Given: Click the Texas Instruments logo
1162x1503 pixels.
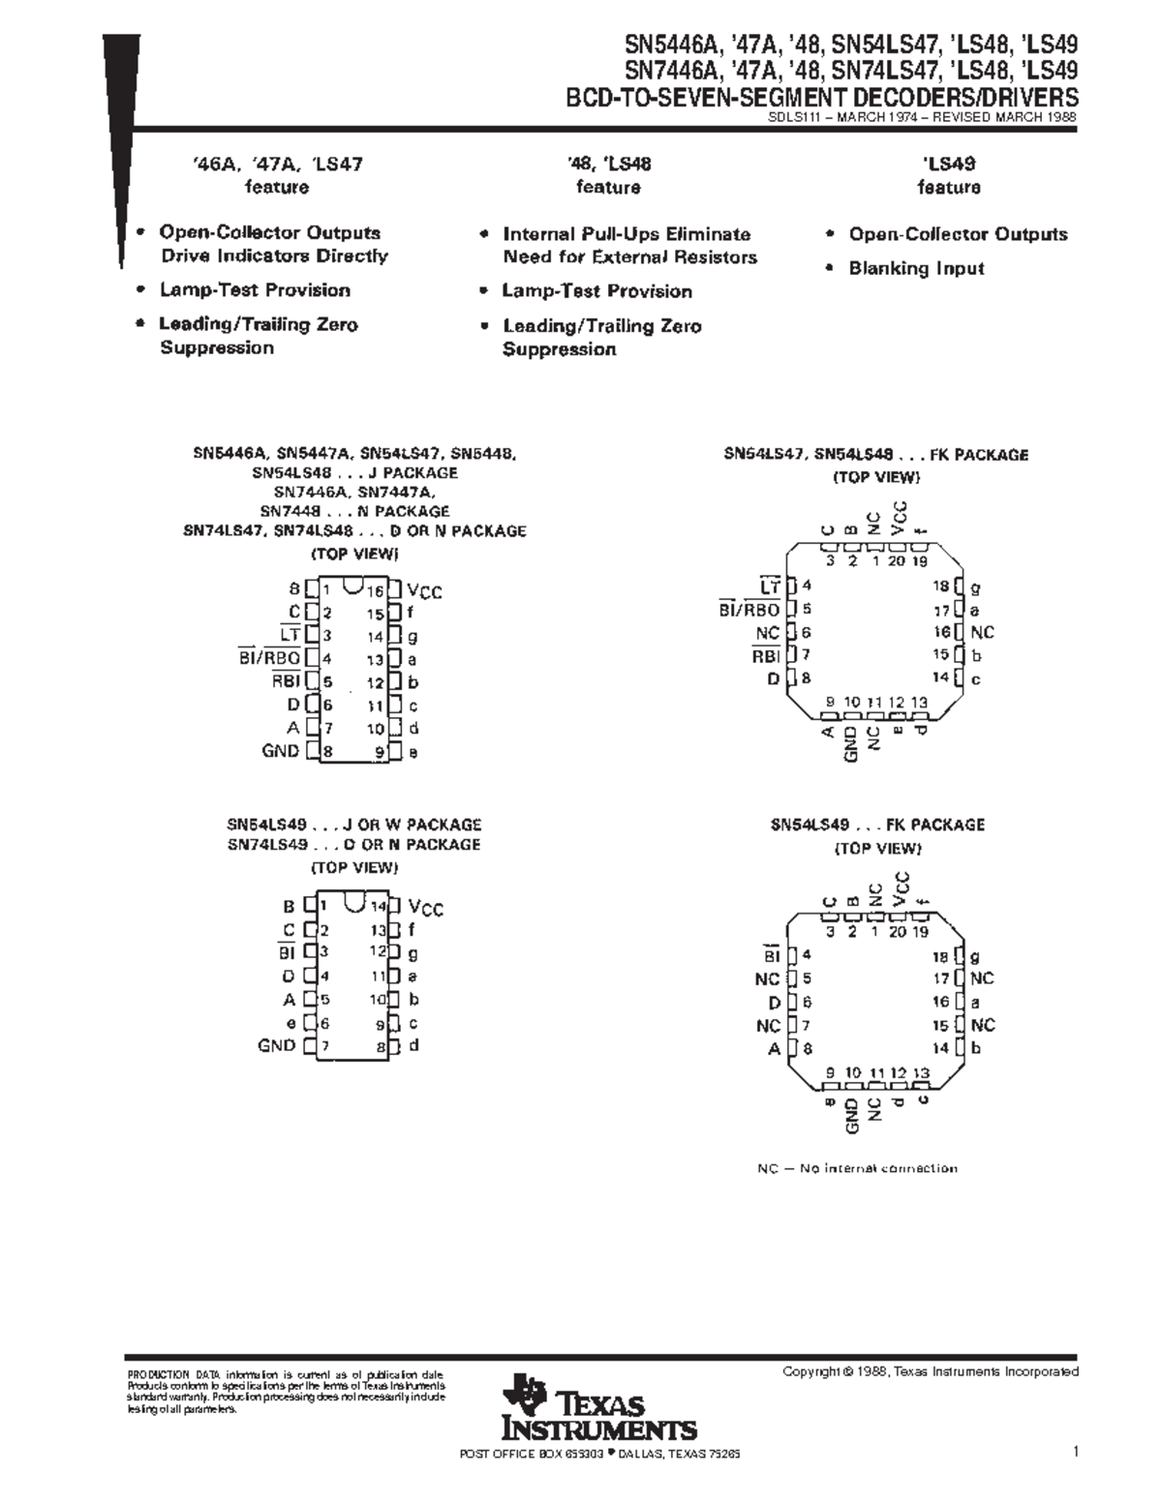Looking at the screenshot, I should [x=597, y=1409].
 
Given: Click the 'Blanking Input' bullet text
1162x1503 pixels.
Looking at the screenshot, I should [x=916, y=269].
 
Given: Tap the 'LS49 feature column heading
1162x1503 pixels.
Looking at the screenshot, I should [x=948, y=165].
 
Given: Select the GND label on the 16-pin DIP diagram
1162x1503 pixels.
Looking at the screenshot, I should [x=280, y=751].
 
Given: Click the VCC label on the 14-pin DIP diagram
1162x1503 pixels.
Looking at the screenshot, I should [x=426, y=908].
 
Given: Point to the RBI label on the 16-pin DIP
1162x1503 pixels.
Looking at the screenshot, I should [x=286, y=680].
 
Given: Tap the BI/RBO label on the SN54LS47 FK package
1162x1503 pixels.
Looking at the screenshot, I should [x=749, y=610].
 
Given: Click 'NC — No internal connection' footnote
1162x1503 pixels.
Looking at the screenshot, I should [x=857, y=1168].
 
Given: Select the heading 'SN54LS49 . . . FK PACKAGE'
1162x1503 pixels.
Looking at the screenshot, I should [x=877, y=825].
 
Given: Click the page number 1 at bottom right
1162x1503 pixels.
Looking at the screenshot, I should [x=1075, y=1452].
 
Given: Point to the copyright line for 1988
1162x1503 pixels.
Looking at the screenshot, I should [x=930, y=1371].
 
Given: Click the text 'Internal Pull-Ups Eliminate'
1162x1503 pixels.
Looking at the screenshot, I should [x=627, y=234].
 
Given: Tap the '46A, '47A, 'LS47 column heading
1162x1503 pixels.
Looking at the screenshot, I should [x=277, y=165].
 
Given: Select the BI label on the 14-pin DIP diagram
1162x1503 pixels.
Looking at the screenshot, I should [x=287, y=953].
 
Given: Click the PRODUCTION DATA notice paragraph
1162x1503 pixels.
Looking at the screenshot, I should [x=286, y=1392].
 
